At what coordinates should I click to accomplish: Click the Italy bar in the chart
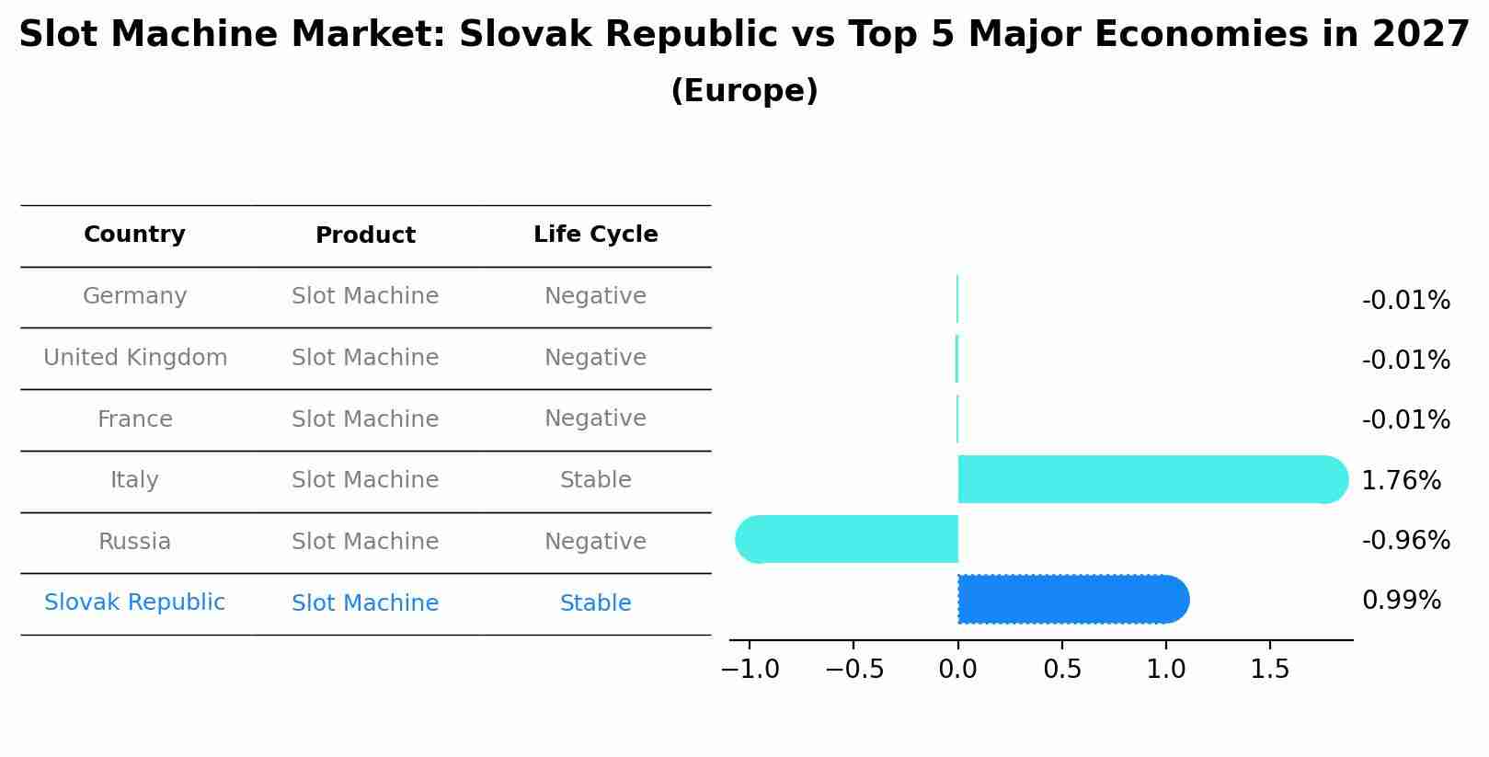click(x=1150, y=479)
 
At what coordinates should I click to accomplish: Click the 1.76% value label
click(x=1401, y=480)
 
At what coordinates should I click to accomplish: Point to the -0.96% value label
click(x=1405, y=540)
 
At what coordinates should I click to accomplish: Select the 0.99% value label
click(x=1401, y=601)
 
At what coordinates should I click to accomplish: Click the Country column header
click(x=134, y=235)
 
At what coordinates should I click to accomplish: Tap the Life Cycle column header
click(x=595, y=235)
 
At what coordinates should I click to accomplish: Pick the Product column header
click(x=365, y=235)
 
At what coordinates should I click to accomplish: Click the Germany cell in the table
click(x=134, y=296)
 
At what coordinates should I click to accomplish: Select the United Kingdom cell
click(x=135, y=358)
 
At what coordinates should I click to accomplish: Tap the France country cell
click(x=134, y=419)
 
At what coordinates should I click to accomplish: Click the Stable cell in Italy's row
click(x=595, y=480)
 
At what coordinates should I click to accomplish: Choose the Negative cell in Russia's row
click(x=595, y=542)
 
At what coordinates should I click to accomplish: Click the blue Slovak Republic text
click(x=134, y=602)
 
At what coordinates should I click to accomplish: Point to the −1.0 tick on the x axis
click(x=750, y=670)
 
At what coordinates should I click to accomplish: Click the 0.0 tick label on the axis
click(x=957, y=670)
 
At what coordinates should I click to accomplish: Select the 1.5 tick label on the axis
click(x=1270, y=670)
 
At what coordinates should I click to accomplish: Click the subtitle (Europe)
click(x=744, y=91)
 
